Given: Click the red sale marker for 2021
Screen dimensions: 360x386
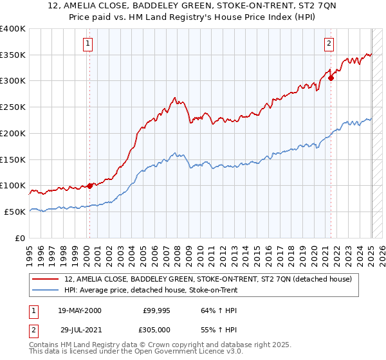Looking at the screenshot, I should (x=331, y=78).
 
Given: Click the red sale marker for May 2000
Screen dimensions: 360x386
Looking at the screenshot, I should (x=89, y=185).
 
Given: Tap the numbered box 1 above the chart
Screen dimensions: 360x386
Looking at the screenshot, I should (x=87, y=44).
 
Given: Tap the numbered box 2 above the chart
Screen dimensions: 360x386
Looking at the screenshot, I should (x=329, y=44).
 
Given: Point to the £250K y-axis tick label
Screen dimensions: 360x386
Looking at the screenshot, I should (x=14, y=107).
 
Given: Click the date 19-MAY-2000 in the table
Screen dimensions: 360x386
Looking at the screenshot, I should (x=80, y=310).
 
